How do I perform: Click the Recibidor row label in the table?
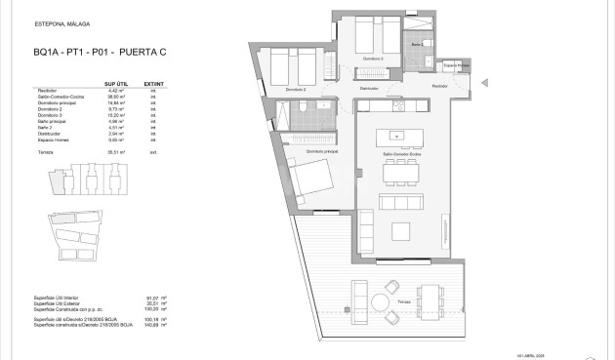tap(45, 92)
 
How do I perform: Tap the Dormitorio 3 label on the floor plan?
tap(373, 59)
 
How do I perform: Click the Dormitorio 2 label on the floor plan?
tap(297, 90)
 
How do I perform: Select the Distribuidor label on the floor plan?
tap(368, 88)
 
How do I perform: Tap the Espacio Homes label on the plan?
tap(456, 65)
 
